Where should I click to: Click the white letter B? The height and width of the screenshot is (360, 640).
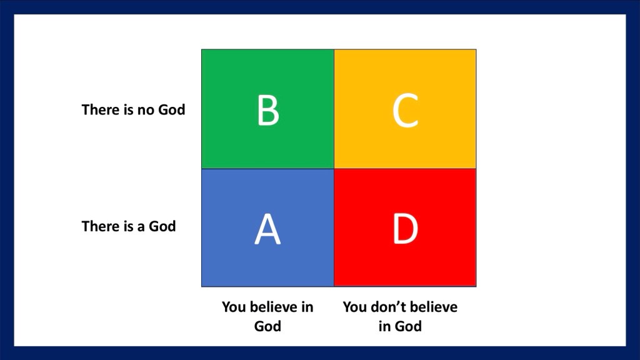coord(268,109)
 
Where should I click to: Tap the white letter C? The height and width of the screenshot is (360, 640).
coord(405,110)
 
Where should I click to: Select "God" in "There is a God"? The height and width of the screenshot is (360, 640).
coord(162,226)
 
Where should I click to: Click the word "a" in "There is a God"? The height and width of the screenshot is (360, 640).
coord(141,227)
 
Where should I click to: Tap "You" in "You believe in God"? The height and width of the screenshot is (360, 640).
coord(234,307)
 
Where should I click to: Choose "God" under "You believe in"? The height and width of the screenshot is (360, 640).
coord(267,326)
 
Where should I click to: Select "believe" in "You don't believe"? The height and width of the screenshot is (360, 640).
coord(432,307)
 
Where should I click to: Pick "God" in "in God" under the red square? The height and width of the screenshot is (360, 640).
coord(408,326)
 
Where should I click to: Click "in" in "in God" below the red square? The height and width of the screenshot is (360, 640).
coord(384,326)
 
